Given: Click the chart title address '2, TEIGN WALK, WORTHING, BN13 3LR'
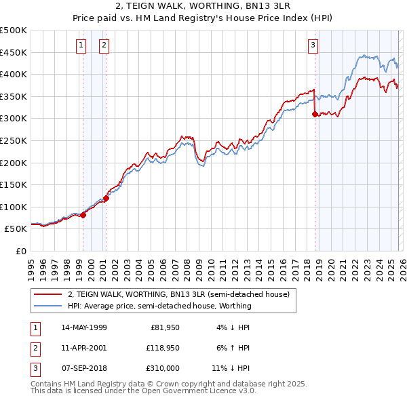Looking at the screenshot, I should click(x=203, y=6).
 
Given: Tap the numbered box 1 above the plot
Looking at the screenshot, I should click(x=81, y=45).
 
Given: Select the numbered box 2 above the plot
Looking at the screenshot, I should click(x=104, y=45).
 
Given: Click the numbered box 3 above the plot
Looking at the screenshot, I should click(x=313, y=45).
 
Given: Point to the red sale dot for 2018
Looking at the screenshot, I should click(x=315, y=115).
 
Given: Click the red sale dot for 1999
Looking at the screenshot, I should click(x=83, y=215).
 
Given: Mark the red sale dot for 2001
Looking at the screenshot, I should click(x=106, y=199).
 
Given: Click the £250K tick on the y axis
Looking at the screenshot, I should click(x=14, y=140).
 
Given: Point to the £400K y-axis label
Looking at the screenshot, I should click(x=14, y=74).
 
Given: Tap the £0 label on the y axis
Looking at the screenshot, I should click(x=21, y=251).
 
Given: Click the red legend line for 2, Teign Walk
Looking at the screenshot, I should click(x=47, y=294).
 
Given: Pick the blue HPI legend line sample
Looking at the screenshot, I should click(x=47, y=306).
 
